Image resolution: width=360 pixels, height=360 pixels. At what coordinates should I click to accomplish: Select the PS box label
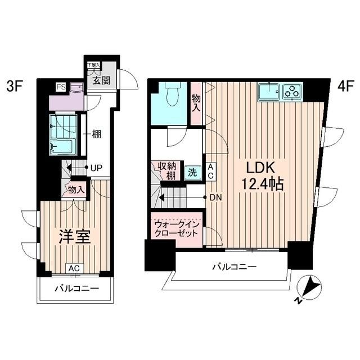[60, 87]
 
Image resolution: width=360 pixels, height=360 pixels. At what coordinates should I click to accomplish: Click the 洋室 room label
[75, 237]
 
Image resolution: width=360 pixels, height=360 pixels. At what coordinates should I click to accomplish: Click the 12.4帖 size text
[259, 184]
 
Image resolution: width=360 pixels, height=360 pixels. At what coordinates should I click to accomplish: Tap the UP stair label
[96, 168]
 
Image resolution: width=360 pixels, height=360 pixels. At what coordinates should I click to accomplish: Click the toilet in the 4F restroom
[172, 93]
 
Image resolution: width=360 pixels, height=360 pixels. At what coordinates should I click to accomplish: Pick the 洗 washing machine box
[192, 172]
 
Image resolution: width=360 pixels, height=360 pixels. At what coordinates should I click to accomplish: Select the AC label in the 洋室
[74, 268]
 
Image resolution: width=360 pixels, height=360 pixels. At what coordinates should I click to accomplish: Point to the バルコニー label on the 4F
[234, 267]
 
